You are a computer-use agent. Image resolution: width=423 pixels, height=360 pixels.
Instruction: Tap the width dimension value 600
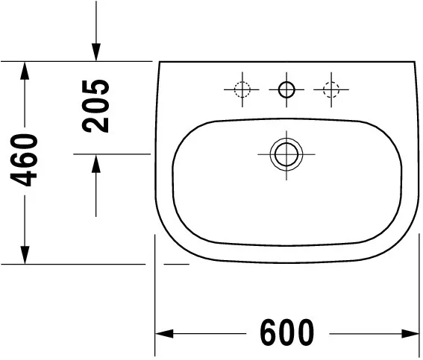coord(287,332)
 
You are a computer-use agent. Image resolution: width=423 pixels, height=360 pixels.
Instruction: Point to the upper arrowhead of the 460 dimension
coord(25,72)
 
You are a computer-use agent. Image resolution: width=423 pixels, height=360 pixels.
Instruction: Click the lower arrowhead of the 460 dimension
coord(25,253)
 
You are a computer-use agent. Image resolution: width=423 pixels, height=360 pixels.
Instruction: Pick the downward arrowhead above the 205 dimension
coord(96,51)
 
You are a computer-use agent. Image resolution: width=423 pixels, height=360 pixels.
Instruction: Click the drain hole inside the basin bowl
coord(286,154)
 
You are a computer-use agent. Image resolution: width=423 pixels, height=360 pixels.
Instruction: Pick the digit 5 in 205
coord(96,87)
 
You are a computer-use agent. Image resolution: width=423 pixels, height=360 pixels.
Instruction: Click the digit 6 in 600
coord(270,332)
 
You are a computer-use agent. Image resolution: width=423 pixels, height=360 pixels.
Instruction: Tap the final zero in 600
coord(305,332)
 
